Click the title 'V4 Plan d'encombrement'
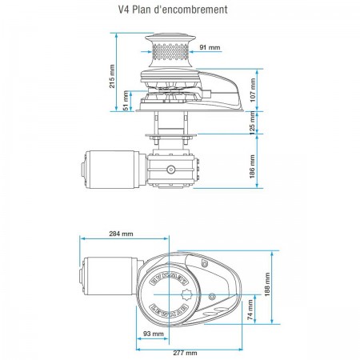click(173, 10)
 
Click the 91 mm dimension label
click(210, 47)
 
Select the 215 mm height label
click(112, 76)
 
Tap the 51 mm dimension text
click(126, 101)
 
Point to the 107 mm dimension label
click(253, 90)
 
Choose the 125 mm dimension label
click(252, 123)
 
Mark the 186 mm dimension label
click(252, 166)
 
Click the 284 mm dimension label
click(121, 234)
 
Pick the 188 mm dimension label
click(267, 284)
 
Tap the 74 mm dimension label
click(250, 310)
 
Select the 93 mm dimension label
click(154, 334)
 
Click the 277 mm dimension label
click(186, 353)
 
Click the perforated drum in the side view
click(170, 51)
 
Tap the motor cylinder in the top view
click(110, 276)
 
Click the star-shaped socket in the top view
click(186, 295)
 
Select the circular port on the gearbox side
click(170, 170)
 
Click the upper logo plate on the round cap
click(169, 281)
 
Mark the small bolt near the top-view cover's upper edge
click(204, 264)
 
